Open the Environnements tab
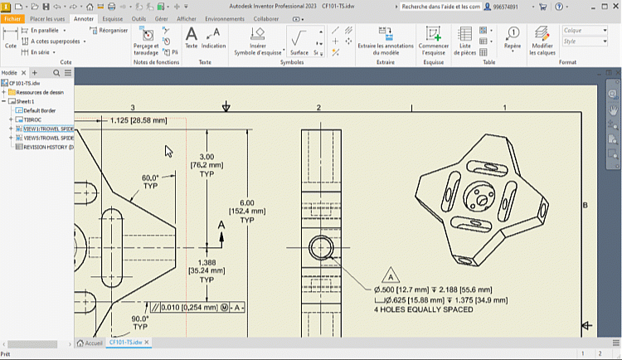(x=224, y=17)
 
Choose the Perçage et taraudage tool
(x=146, y=41)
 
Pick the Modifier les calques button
(x=542, y=41)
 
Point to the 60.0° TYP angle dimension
(x=150, y=182)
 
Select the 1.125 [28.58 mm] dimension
(x=138, y=120)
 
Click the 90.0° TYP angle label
(x=139, y=323)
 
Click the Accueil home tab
(x=91, y=342)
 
